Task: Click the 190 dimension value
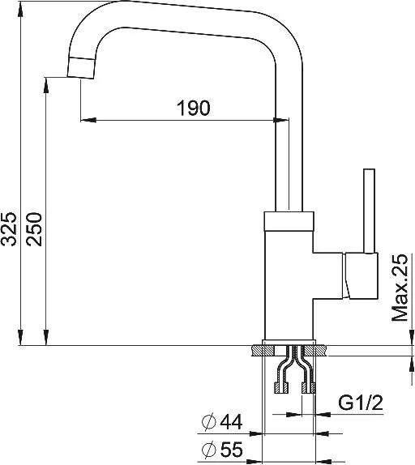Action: pyautogui.click(x=194, y=108)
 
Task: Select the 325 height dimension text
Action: pyautogui.click(x=9, y=228)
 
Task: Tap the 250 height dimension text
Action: pyautogui.click(x=33, y=229)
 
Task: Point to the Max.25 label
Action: pyautogui.click(x=400, y=288)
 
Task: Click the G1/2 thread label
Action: pyautogui.click(x=361, y=403)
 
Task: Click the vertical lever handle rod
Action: pyautogui.click(x=370, y=211)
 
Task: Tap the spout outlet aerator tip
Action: pyautogui.click(x=81, y=67)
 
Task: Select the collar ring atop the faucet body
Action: pyautogui.click(x=289, y=221)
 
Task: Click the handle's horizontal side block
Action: pyautogui.click(x=361, y=275)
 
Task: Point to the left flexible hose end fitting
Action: pyautogui.click(x=280, y=387)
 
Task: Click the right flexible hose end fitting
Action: pyautogui.click(x=309, y=387)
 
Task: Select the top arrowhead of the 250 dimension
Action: pyautogui.click(x=45, y=85)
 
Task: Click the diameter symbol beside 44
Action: pyautogui.click(x=209, y=422)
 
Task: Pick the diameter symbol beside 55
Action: pyautogui.click(x=209, y=449)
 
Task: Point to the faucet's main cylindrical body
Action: pyautogui.click(x=289, y=284)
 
